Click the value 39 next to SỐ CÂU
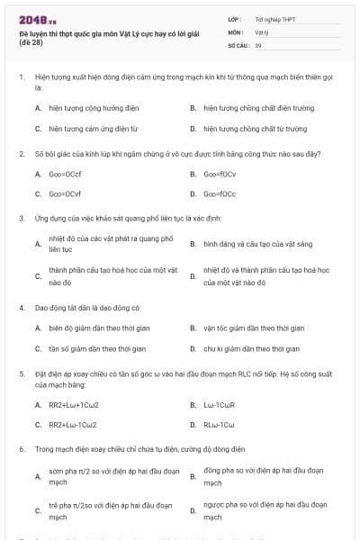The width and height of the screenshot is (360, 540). (x=258, y=44)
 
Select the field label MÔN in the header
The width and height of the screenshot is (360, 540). (x=235, y=31)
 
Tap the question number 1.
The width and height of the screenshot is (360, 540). (x=21, y=77)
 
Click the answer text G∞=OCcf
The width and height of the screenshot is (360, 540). (x=66, y=172)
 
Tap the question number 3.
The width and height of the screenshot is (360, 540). (x=21, y=218)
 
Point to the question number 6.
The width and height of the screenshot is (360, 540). (x=21, y=447)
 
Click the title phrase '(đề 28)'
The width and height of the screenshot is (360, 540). (x=30, y=42)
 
